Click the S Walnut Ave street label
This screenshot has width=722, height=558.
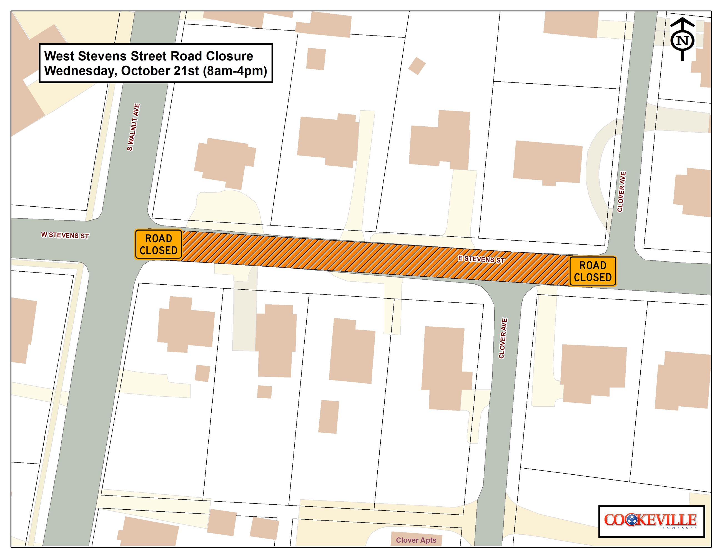pyautogui.click(x=134, y=127)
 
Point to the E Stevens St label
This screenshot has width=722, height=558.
pyautogui.click(x=481, y=259)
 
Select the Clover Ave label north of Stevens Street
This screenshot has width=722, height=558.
pyautogui.click(x=621, y=192)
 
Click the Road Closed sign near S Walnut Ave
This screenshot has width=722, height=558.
pyautogui.click(x=158, y=244)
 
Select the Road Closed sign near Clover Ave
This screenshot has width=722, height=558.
pyautogui.click(x=592, y=271)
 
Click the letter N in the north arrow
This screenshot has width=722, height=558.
pyautogui.click(x=682, y=41)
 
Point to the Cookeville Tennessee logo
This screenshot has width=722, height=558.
pyautogui.click(x=651, y=521)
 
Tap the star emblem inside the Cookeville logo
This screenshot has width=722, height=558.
pyautogui.click(x=632, y=520)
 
